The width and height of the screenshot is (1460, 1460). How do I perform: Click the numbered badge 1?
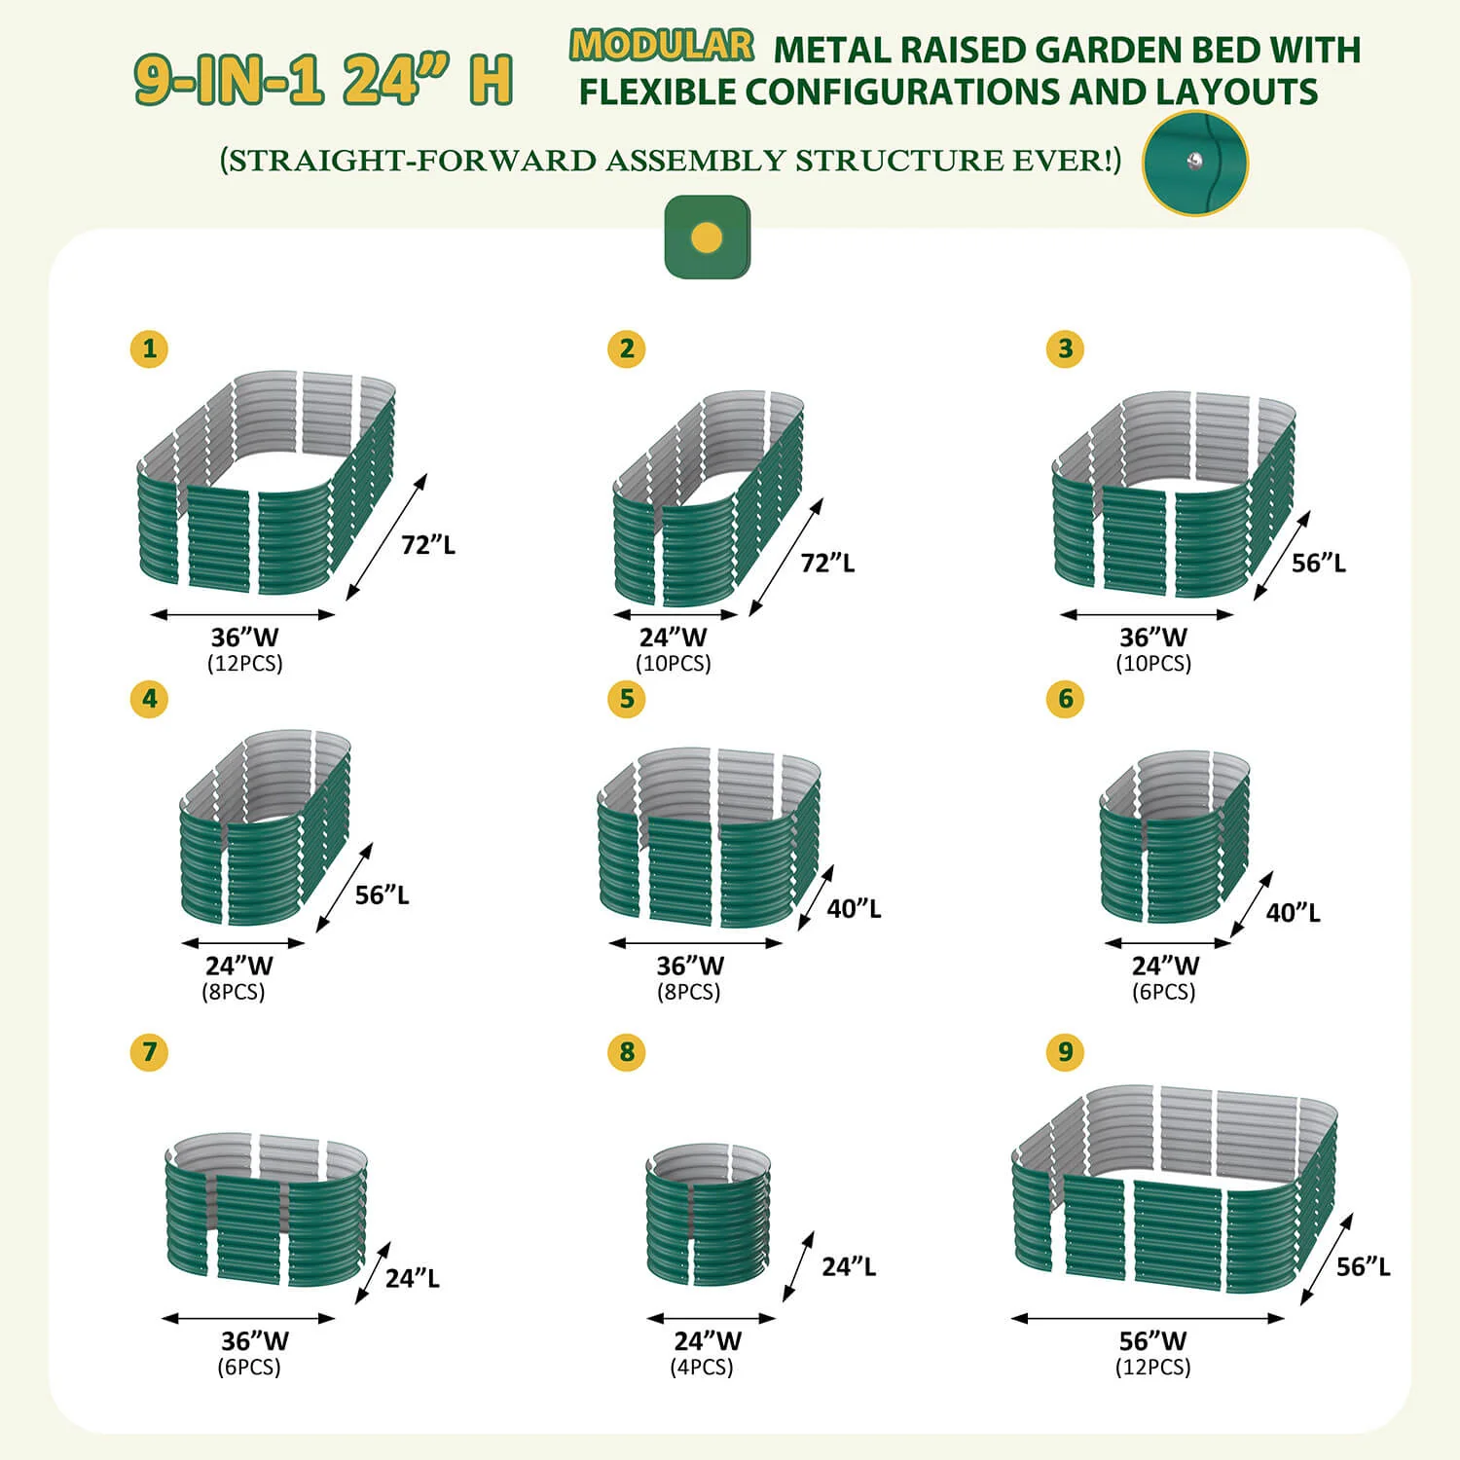[x=149, y=348]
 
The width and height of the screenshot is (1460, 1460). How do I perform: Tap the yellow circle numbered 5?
[x=626, y=698]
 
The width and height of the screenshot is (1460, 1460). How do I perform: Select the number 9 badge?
[x=1065, y=1051]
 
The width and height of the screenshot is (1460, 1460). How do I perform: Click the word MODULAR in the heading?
[x=662, y=46]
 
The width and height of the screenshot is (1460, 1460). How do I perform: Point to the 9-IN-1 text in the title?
[x=229, y=79]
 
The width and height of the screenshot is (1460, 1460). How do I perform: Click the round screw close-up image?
[x=1195, y=163]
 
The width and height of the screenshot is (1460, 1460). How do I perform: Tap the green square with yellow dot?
[x=707, y=237]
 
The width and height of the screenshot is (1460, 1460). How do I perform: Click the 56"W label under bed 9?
[x=1152, y=1340]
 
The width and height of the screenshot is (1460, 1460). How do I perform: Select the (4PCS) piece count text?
[x=702, y=1367]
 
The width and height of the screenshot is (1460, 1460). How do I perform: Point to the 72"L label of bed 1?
[x=428, y=545]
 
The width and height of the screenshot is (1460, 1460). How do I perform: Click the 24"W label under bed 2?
[x=673, y=638]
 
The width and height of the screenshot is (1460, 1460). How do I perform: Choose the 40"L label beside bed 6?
[x=1293, y=912]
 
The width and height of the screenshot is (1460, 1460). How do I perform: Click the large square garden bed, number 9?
[x=1174, y=1189]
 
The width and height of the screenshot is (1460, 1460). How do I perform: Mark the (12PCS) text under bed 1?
[x=244, y=663]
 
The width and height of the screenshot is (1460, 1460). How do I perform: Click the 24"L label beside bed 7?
[x=412, y=1278]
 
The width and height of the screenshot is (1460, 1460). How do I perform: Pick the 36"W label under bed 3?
[x=1152, y=638]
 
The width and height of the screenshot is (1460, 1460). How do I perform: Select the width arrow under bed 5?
[x=695, y=942]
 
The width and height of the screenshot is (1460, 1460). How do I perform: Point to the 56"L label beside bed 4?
[x=382, y=894]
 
